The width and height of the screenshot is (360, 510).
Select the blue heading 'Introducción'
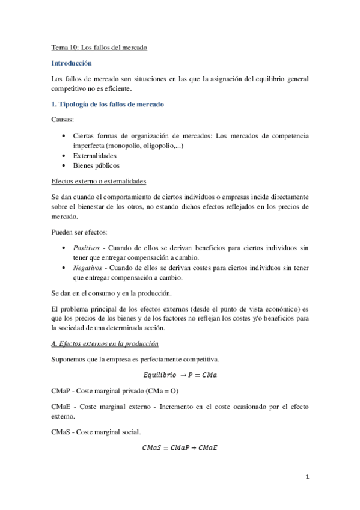[72, 63]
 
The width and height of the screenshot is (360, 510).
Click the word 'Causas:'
[63, 120]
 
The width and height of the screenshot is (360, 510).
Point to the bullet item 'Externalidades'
[96, 156]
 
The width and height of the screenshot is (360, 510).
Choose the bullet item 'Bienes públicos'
[96, 165]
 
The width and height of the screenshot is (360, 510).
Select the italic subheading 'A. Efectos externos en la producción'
[105, 344]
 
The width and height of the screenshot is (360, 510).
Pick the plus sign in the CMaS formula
[195, 448]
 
